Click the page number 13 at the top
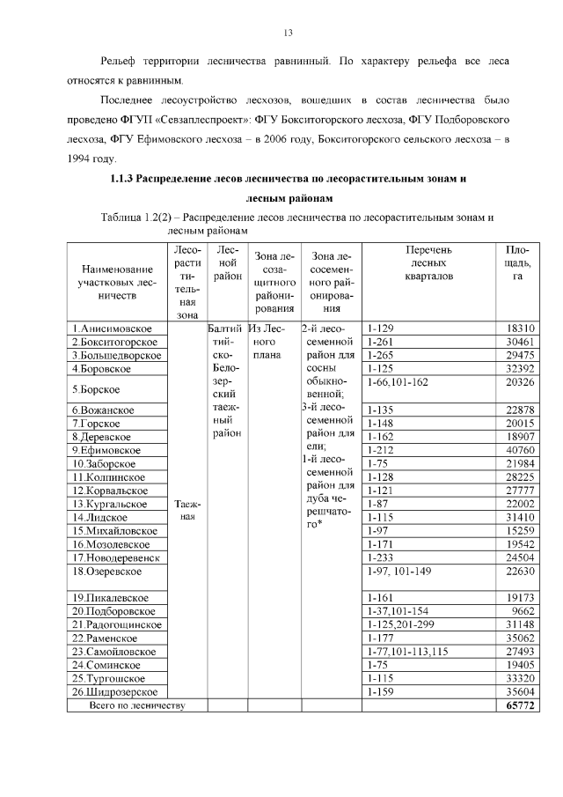coord(287,33)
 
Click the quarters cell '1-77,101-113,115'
coord(406,651)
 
